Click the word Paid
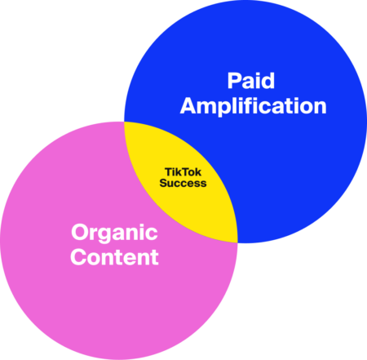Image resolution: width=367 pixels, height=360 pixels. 251,81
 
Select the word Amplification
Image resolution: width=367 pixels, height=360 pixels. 254,106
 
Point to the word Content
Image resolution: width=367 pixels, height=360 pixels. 114,257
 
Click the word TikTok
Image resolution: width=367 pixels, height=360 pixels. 183,172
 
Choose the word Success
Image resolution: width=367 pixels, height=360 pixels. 183,183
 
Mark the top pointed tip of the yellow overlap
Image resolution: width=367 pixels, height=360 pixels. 125,122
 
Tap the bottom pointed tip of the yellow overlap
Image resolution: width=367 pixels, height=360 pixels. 237,242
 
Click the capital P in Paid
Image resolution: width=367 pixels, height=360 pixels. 234,81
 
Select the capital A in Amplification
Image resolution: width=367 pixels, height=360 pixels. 188,105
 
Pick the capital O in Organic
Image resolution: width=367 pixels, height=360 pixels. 80,232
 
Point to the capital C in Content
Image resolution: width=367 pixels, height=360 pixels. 78,257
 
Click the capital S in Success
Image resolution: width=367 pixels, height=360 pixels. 164,183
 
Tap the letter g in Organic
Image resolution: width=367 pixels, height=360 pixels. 104,236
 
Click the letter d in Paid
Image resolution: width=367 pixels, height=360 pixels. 268,81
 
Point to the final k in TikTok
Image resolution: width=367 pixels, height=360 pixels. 198,172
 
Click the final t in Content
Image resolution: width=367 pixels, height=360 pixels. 154,258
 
